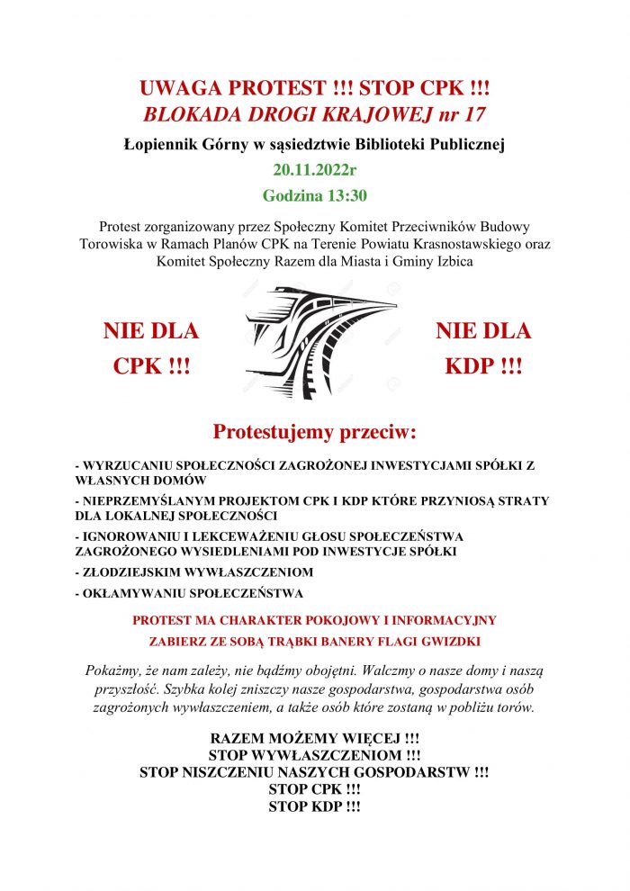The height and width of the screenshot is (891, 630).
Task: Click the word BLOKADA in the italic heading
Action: coord(192,114)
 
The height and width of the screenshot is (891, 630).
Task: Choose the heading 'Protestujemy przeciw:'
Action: coord(315,432)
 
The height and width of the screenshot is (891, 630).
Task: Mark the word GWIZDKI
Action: coord(449,641)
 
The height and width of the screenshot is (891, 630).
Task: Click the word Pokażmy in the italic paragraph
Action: coord(115,671)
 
